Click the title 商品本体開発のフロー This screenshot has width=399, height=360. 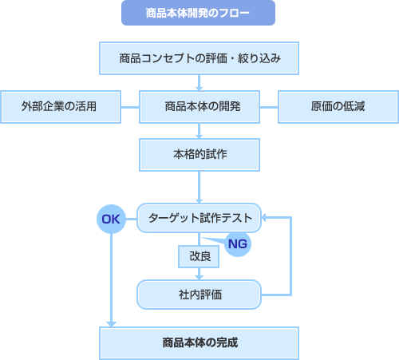point(199,14)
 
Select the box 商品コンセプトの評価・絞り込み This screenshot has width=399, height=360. point(199,58)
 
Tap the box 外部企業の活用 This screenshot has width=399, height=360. point(60,106)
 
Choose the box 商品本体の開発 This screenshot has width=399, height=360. point(199,106)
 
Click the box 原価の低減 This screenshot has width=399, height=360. point(338,106)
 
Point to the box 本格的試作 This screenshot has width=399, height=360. point(199,154)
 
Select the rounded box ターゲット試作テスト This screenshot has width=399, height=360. point(199,217)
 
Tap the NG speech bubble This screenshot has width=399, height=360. point(235,243)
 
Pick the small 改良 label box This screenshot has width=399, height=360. point(199,256)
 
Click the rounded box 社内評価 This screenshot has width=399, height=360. point(199,294)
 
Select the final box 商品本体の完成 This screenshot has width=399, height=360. point(199,342)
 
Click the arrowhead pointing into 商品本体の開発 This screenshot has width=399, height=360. point(199,86)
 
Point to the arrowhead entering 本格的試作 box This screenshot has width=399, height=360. point(199,134)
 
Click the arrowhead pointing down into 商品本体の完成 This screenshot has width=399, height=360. point(112,322)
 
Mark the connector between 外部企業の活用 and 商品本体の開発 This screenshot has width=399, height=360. point(129,106)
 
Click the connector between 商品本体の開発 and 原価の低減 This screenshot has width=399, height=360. point(268,106)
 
